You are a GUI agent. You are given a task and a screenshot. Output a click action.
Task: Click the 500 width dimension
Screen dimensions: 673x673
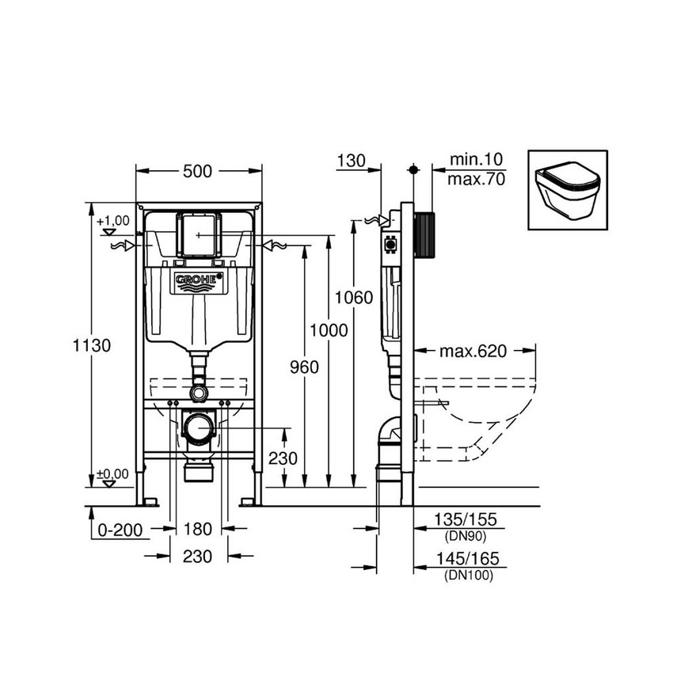click(199, 170)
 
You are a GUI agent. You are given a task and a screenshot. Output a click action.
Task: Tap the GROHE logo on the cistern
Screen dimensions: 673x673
click(199, 280)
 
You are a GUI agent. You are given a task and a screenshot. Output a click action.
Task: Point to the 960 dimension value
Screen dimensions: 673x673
click(304, 367)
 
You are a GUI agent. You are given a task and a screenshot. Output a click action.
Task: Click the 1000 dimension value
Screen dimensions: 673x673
click(329, 330)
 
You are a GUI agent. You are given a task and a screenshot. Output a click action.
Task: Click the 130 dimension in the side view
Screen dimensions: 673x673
click(350, 161)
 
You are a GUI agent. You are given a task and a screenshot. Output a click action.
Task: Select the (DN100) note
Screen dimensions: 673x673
click(468, 576)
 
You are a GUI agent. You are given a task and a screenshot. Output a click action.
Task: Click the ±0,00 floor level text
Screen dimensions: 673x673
click(112, 473)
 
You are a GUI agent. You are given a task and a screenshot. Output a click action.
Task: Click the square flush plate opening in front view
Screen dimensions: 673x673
click(198, 233)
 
